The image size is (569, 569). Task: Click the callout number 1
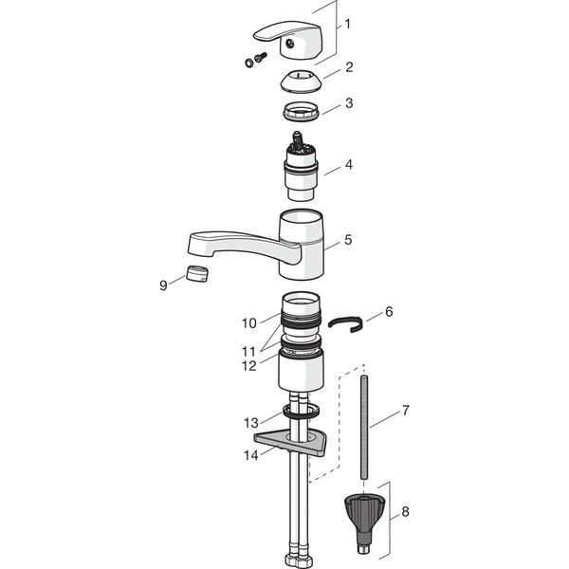click(348, 24)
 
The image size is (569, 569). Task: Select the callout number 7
click(405, 411)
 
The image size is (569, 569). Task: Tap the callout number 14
click(250, 455)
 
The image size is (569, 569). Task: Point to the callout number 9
click(163, 285)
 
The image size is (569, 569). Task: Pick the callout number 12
click(248, 366)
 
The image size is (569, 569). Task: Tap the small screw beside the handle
click(261, 57)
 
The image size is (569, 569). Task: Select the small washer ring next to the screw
click(249, 64)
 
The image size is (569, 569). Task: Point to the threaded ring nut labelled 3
click(301, 111)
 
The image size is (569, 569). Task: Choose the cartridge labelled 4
click(301, 167)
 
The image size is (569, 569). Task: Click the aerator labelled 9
click(197, 274)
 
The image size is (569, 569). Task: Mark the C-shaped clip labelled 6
click(345, 323)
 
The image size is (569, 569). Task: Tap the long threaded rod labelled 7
click(364, 427)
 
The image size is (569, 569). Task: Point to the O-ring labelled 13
click(302, 412)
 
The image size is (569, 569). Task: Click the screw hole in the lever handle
click(289, 44)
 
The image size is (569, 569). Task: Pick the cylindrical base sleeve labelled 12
click(301, 370)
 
